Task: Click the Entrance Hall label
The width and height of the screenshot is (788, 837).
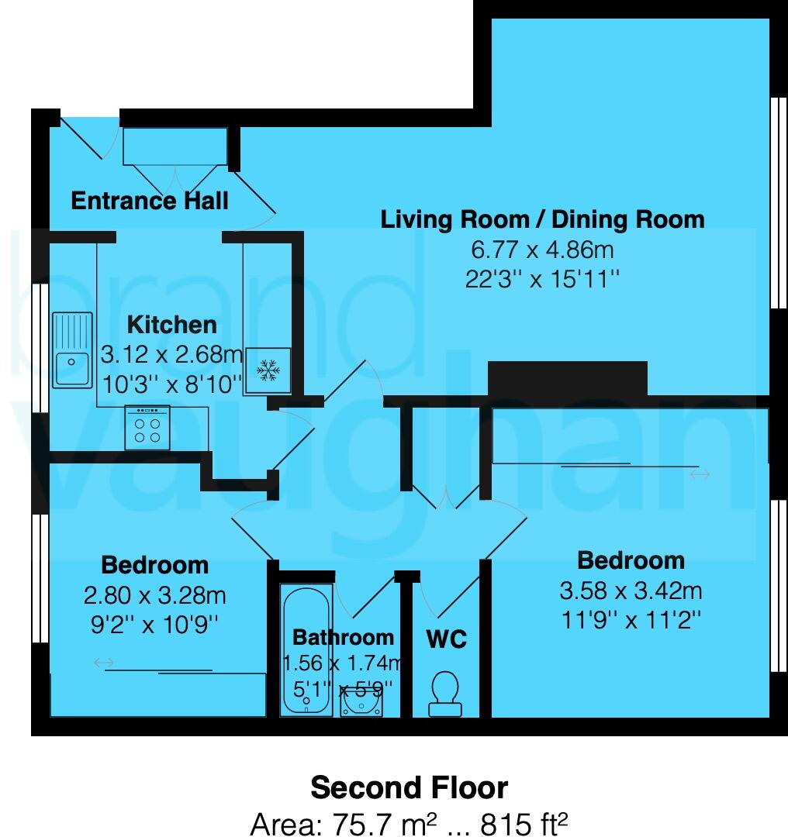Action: (x=150, y=201)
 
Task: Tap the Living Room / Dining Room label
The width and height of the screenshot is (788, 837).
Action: (x=542, y=219)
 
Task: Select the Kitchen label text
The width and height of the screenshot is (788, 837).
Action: (x=171, y=324)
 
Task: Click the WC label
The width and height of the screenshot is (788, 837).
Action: (x=446, y=639)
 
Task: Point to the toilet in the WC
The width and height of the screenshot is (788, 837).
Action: (x=445, y=692)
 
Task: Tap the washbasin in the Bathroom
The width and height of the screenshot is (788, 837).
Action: (x=361, y=702)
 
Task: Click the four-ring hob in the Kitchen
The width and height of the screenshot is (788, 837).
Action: (x=147, y=429)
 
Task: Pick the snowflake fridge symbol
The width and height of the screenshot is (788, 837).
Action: (x=269, y=370)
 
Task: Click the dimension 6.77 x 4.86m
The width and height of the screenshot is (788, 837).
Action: (x=542, y=250)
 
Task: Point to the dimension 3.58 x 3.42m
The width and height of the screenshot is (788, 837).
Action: (x=631, y=591)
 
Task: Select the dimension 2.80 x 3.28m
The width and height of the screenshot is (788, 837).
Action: (x=154, y=595)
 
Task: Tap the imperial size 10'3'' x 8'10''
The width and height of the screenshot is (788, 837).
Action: (x=171, y=383)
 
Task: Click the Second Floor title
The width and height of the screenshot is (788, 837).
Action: (x=409, y=788)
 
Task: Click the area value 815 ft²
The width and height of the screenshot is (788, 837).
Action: (x=524, y=824)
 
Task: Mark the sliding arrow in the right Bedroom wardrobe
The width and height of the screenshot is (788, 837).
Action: (x=700, y=474)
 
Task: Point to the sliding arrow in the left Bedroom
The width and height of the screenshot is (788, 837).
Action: (x=103, y=663)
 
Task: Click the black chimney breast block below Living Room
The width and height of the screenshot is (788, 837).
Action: (x=567, y=379)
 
